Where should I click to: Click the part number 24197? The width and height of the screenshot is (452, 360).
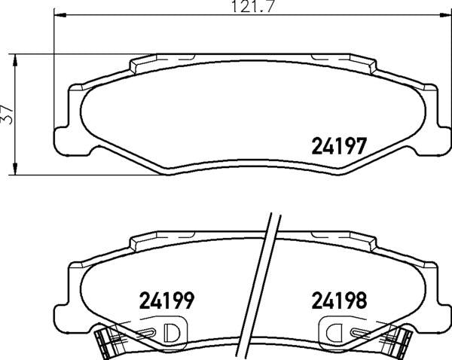(x=339, y=146)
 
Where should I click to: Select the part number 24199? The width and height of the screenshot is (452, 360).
(x=166, y=301)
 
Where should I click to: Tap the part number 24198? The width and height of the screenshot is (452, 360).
(x=339, y=301)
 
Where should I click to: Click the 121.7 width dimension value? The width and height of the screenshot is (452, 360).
(x=252, y=6)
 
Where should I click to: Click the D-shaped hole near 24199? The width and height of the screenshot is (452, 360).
(x=171, y=332)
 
